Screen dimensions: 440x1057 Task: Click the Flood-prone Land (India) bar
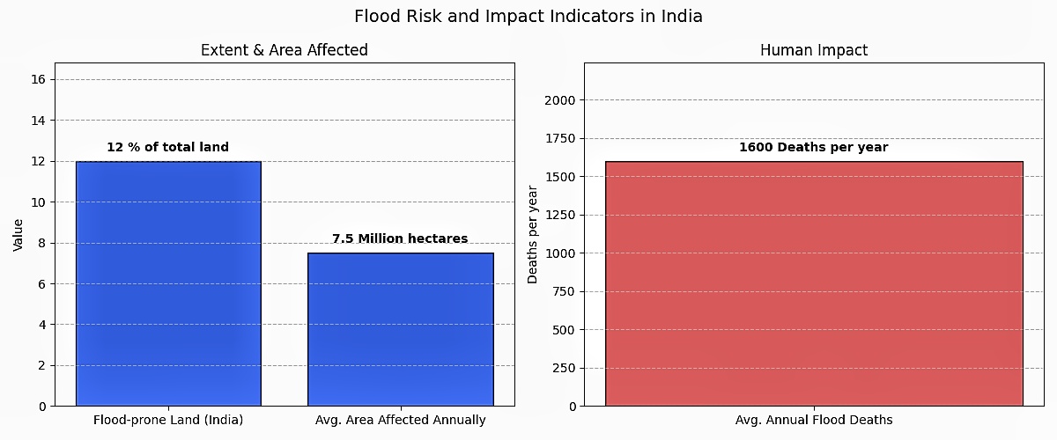[x=168, y=283]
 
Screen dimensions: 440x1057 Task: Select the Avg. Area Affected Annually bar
[x=400, y=329]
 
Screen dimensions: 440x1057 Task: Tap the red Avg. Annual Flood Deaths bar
[x=814, y=283]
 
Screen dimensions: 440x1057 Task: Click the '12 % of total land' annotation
[x=167, y=148]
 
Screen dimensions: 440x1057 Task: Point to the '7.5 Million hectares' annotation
[x=400, y=238]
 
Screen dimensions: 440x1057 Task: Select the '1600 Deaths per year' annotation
[x=813, y=148]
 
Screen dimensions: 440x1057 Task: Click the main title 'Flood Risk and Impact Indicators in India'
[x=528, y=17]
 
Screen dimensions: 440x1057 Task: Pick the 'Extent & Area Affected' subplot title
[x=285, y=50]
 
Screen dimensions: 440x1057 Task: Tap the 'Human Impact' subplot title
[x=814, y=50]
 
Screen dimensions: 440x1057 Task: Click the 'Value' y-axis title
[x=18, y=235]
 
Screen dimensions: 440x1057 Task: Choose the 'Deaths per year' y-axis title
[x=533, y=235]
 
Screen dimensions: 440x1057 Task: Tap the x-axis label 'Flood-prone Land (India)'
[x=168, y=421]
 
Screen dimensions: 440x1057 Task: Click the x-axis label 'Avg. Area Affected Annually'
[x=400, y=421]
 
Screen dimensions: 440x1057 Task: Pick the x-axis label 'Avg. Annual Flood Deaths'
[x=814, y=421]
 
